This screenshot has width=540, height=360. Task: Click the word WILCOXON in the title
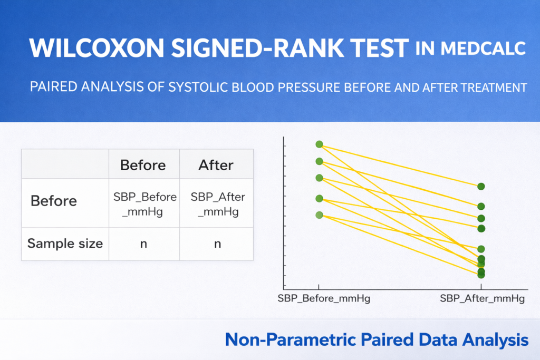click(x=97, y=48)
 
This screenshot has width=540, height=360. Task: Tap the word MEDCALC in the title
click(x=483, y=48)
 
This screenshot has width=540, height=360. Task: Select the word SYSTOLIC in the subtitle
click(x=198, y=87)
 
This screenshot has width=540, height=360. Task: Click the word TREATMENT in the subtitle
click(x=494, y=87)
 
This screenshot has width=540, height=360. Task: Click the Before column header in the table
click(x=143, y=165)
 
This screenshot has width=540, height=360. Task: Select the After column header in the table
click(x=216, y=165)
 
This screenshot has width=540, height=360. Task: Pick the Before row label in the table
click(x=54, y=201)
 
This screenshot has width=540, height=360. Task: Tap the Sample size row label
click(x=65, y=244)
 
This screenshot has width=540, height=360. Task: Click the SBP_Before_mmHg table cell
click(x=144, y=204)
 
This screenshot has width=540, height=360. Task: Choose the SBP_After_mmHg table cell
click(x=218, y=204)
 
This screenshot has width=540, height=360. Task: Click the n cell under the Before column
click(x=143, y=244)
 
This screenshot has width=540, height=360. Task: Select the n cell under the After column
click(x=217, y=244)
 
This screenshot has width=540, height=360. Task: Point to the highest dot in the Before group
click(x=319, y=144)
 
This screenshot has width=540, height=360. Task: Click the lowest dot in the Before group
click(x=319, y=215)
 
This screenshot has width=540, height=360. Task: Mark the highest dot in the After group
click(x=481, y=187)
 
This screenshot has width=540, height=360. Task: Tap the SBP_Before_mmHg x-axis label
click(x=324, y=298)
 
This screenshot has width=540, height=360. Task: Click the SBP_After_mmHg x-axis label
click(x=482, y=298)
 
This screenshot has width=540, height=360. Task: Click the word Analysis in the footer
click(x=495, y=340)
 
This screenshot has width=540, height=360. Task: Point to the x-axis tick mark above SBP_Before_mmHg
click(x=319, y=287)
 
